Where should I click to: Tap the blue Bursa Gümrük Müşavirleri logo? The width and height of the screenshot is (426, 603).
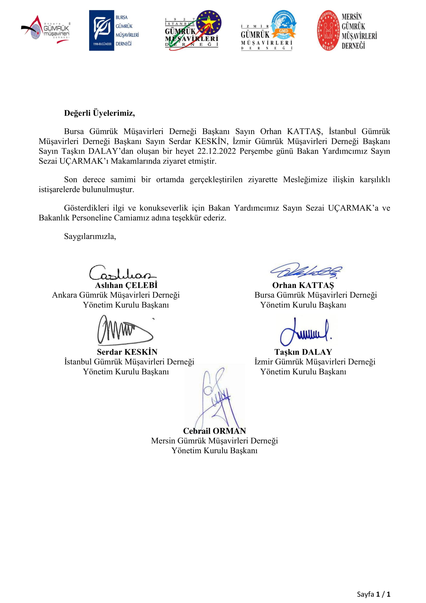tap(114, 30)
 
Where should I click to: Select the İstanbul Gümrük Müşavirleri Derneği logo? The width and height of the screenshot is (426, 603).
tap(193, 30)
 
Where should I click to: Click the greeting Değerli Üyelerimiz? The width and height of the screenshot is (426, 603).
tap(99, 113)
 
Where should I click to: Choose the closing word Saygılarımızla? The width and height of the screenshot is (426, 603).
tap(90, 236)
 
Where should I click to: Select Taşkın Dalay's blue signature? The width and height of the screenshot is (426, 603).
tap(306, 332)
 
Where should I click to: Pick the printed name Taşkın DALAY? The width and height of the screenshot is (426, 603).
tap(303, 352)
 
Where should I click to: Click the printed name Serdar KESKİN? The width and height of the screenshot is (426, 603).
tap(127, 352)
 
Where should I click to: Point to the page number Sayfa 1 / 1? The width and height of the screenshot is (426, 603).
tap(373, 594)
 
